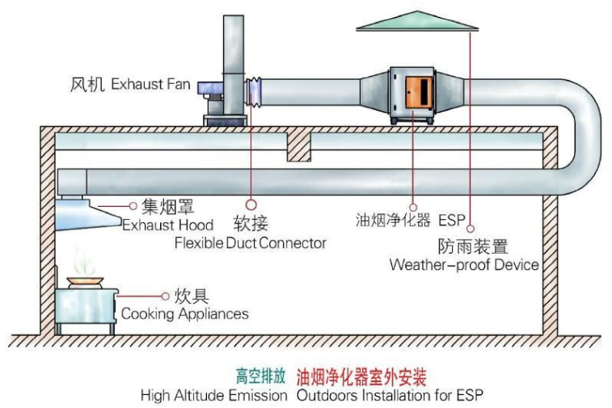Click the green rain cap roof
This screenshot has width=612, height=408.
417,21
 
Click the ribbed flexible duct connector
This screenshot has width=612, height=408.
253,91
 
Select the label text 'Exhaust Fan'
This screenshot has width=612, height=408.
150,84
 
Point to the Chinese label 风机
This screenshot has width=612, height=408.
87,85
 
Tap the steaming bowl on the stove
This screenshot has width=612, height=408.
85,282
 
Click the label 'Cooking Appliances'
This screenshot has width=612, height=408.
184,313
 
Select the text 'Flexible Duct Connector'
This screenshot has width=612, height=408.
250,243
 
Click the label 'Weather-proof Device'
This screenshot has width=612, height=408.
464,265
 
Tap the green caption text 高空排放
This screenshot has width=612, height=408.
260,376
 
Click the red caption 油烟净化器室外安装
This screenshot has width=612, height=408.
361,376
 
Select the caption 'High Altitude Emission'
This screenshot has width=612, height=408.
214,396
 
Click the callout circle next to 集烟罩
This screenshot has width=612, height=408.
133,205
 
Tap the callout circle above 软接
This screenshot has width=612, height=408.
251,204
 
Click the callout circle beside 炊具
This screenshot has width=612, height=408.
165,297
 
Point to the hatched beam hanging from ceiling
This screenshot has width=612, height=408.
299,147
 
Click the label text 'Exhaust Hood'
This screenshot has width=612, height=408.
168,225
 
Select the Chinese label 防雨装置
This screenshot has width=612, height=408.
473,246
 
